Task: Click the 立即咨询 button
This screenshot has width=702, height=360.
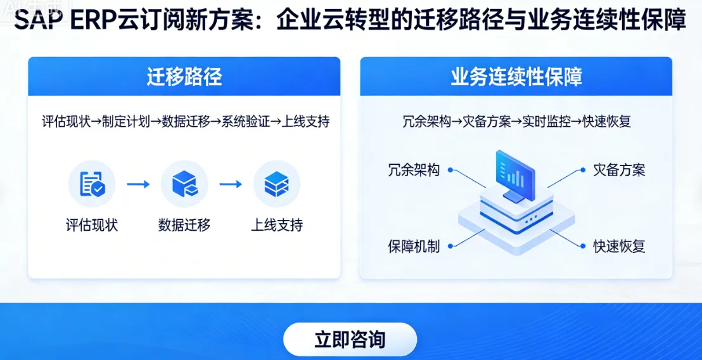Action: [x=350, y=339]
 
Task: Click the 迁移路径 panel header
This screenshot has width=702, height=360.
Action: [x=184, y=77]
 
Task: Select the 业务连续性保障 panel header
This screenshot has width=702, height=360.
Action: [x=516, y=77]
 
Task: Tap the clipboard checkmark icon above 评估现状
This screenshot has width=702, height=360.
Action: [x=92, y=184]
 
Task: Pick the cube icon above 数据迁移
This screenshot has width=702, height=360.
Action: [x=184, y=184]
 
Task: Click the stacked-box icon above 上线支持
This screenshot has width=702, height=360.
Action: [x=276, y=184]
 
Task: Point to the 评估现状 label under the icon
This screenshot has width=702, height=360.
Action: [x=92, y=225]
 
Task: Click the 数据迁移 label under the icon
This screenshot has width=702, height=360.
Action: [x=184, y=225]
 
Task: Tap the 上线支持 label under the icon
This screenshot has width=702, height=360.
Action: [x=277, y=225]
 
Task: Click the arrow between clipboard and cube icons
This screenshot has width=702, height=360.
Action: [x=138, y=184]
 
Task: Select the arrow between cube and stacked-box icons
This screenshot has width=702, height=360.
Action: [x=231, y=184]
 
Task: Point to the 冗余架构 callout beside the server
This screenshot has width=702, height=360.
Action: [x=414, y=170]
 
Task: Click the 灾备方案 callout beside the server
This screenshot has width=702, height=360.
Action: [x=619, y=170]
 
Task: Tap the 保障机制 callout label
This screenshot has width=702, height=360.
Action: [x=414, y=246]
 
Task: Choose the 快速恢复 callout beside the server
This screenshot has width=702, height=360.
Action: [x=619, y=246]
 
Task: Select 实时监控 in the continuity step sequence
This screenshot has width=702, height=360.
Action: [x=547, y=121]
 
